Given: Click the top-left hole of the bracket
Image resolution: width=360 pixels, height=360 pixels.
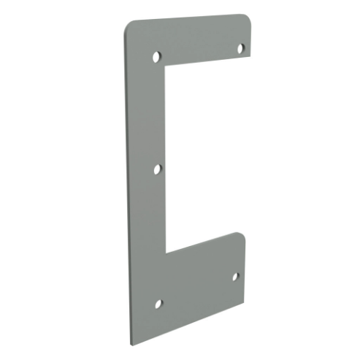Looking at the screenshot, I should click(156, 56).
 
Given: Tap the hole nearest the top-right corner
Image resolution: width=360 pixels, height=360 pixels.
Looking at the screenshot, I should click(240, 47).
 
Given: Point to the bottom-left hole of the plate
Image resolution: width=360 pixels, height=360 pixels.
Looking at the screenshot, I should click(158, 302).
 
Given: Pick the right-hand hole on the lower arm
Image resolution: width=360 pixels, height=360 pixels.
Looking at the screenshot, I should click(236, 277).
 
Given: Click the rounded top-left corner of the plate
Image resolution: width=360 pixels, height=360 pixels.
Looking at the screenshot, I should click(128, 26).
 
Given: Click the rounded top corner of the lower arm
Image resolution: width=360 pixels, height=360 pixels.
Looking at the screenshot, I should click(241, 235).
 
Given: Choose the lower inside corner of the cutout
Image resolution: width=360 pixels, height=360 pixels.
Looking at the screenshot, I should click(167, 253).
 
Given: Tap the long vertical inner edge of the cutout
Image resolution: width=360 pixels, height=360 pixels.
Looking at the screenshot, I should click(167, 161).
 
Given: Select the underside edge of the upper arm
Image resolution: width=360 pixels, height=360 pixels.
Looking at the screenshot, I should click(208, 62).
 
